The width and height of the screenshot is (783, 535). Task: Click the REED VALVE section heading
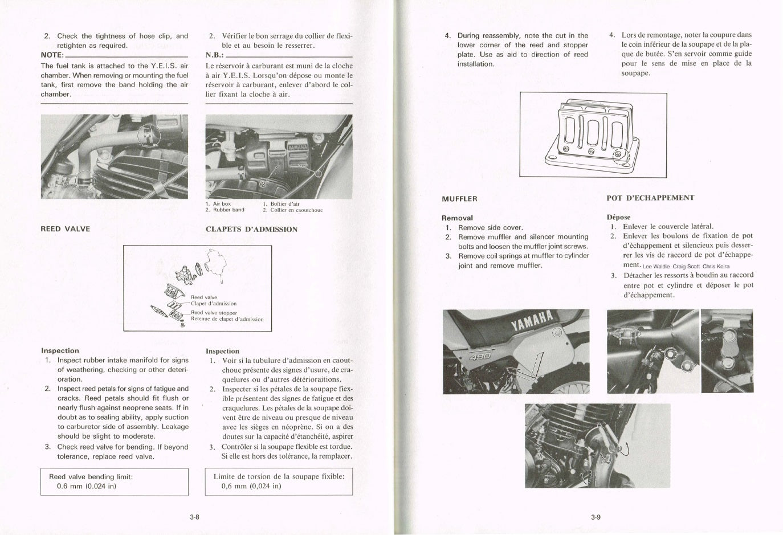tap(65, 229)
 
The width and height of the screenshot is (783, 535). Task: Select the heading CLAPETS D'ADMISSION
tap(251, 230)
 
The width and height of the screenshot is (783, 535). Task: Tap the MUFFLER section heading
tap(459, 199)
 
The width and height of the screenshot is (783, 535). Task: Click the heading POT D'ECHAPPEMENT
tap(650, 198)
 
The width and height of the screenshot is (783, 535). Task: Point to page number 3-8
tap(194, 517)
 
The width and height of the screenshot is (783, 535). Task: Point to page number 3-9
tap(596, 517)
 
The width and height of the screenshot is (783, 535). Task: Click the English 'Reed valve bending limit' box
tap(114, 481)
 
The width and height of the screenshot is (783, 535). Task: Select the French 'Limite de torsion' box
tap(279, 481)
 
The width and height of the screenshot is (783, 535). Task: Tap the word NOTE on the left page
tap(52, 55)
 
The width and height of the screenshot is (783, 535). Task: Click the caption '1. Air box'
tap(218, 203)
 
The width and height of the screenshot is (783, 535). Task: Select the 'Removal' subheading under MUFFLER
tap(457, 218)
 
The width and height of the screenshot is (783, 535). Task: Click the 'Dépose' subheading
tap(618, 217)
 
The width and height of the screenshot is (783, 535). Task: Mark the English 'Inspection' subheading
tap(60, 350)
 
